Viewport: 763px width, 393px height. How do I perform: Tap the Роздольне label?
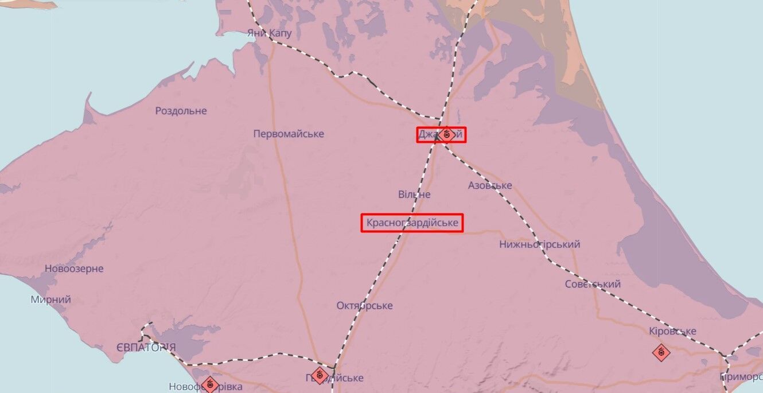pyautogui.click(x=181, y=111)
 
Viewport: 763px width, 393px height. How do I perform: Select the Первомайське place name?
pyautogui.click(x=289, y=134)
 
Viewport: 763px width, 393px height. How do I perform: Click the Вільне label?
pyautogui.click(x=414, y=194)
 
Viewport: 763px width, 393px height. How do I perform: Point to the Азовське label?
pyautogui.click(x=490, y=185)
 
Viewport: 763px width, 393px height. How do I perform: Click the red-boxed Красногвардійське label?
pyautogui.click(x=412, y=223)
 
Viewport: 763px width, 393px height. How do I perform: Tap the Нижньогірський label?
pyautogui.click(x=539, y=244)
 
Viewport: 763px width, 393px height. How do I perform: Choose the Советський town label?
pyautogui.click(x=593, y=284)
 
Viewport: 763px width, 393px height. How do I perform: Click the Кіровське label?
pyautogui.click(x=672, y=331)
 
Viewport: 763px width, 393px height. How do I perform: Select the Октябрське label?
pyautogui.click(x=364, y=305)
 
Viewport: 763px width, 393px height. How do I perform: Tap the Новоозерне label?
pyautogui.click(x=74, y=269)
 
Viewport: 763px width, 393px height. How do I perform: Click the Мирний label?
pyautogui.click(x=51, y=299)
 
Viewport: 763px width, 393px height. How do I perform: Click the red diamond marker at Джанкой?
pyautogui.click(x=447, y=134)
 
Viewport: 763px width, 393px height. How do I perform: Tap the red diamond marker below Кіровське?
pyautogui.click(x=661, y=352)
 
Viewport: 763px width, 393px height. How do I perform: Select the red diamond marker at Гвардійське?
pyautogui.click(x=320, y=376)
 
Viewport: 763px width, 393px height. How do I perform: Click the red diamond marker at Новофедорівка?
pyautogui.click(x=211, y=384)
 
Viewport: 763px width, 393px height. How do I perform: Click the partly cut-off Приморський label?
pyautogui.click(x=741, y=377)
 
